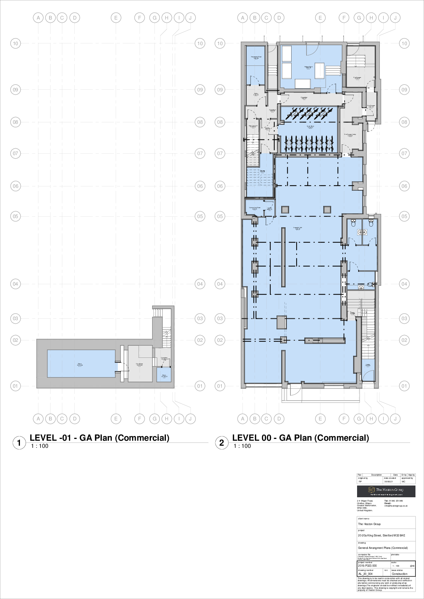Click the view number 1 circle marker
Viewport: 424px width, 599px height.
point(19,443)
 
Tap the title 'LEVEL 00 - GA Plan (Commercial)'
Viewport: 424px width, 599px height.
point(300,438)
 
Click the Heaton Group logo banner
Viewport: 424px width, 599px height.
point(386,491)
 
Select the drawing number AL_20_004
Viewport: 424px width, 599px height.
point(365,574)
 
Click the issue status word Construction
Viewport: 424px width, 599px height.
point(399,574)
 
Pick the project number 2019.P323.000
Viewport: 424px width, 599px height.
point(367,566)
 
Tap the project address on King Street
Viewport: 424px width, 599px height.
point(381,535)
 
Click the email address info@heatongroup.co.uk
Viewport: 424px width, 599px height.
point(396,506)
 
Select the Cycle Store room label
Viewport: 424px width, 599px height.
point(310,126)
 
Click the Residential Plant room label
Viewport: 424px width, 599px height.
point(256,57)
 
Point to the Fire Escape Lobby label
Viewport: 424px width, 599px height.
point(350,135)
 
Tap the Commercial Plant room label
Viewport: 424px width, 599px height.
point(255,208)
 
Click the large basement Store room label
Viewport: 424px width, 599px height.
point(80,364)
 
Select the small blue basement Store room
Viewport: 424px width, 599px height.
point(164,376)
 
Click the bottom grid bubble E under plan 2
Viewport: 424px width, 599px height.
point(320,419)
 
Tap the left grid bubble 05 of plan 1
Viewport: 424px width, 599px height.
point(15,216)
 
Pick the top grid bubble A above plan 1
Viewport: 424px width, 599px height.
point(38,17)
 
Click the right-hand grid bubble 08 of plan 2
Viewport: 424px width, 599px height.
point(404,122)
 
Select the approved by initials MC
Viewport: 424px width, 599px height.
point(403,482)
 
